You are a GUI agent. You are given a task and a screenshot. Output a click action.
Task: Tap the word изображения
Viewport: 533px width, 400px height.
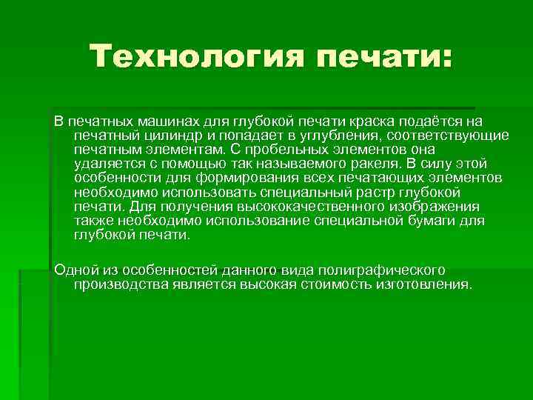pos(437,207)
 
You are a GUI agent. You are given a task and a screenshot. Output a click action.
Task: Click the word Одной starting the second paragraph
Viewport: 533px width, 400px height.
pos(73,269)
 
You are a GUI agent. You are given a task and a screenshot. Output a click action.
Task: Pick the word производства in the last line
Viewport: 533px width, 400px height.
pos(121,284)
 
